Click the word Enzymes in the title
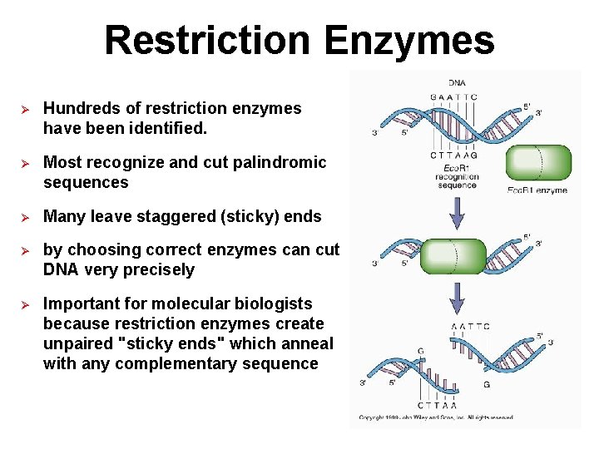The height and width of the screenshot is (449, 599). click(x=410, y=40)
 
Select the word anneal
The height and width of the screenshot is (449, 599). click(x=307, y=343)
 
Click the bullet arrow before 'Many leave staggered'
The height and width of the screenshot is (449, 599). click(x=24, y=217)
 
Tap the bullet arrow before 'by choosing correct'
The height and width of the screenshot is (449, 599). click(x=24, y=250)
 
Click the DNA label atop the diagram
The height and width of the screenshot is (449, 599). click(x=457, y=82)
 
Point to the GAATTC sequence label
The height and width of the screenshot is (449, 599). click(x=453, y=96)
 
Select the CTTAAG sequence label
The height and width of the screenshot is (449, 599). click(x=453, y=155)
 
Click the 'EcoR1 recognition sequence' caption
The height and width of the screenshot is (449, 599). click(x=457, y=176)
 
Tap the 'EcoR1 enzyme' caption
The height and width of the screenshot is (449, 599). click(x=537, y=190)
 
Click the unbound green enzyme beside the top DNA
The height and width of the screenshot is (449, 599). click(x=538, y=163)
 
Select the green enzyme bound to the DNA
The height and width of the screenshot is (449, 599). click(x=453, y=256)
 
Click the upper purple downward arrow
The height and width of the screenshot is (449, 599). click(x=457, y=214)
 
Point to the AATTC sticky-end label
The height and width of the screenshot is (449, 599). click(x=470, y=326)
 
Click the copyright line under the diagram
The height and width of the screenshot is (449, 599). click(x=436, y=417)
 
